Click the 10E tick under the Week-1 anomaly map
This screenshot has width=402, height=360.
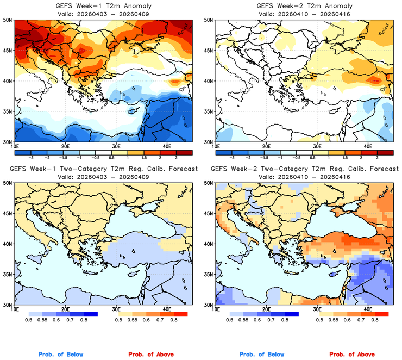click(x=15, y=147)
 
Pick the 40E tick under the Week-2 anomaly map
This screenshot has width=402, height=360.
click(x=368, y=147)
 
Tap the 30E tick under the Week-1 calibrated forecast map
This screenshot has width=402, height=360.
click(x=116, y=309)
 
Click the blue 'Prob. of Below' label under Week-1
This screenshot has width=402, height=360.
click(x=60, y=355)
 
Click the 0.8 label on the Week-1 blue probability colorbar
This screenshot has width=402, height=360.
click(x=84, y=321)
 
